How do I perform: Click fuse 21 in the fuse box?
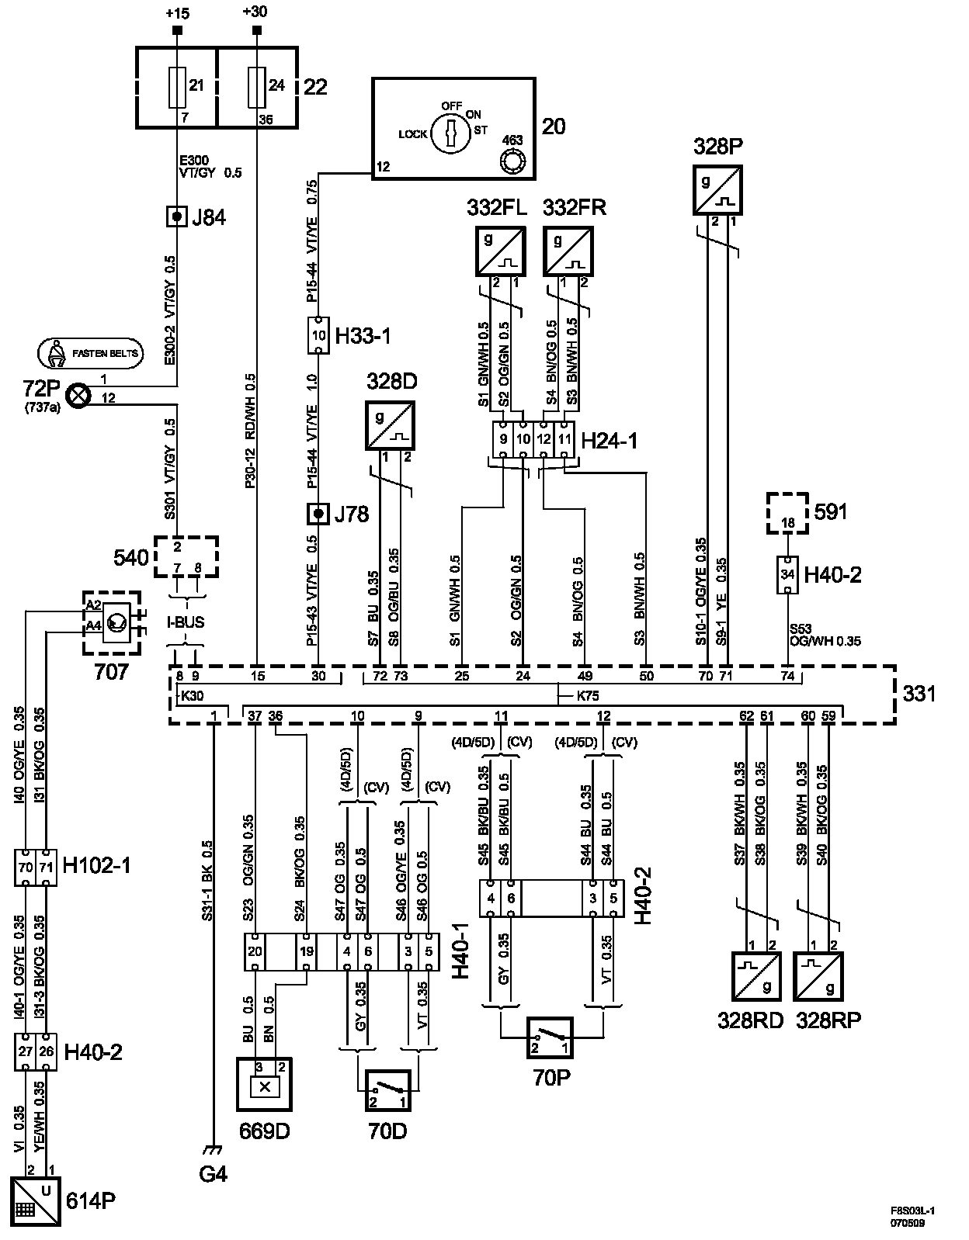tap(177, 88)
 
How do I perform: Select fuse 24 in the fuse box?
tap(256, 88)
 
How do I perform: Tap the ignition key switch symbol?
tap(450, 133)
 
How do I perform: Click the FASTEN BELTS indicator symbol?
tap(90, 353)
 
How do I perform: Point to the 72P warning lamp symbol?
tap(78, 396)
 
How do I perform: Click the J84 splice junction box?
tap(177, 216)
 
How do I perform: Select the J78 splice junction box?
tap(318, 514)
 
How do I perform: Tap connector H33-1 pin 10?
tap(318, 335)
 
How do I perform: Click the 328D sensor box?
tap(390, 426)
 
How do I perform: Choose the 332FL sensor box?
tap(500, 251)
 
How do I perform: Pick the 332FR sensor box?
tap(568, 251)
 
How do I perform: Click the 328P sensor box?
tap(717, 190)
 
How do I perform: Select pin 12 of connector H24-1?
tap(544, 439)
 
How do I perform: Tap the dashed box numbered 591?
tap(787, 514)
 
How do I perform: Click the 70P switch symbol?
tap(549, 1037)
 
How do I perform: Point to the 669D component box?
tap(264, 1085)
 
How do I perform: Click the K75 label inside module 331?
tap(588, 696)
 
